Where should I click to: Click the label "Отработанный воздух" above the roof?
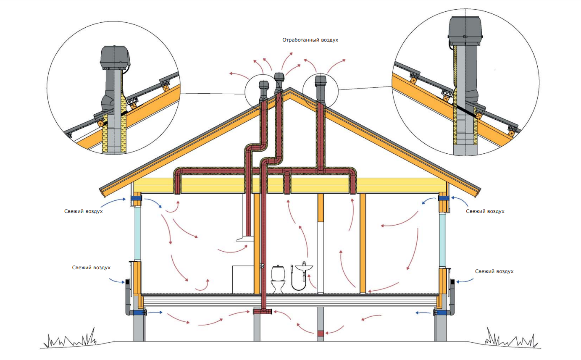[x=310, y=40]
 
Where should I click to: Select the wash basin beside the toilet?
[x=304, y=266]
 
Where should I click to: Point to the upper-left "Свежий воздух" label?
[x=84, y=211]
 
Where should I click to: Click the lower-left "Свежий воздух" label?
[x=91, y=267]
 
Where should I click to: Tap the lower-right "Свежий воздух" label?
[x=494, y=271]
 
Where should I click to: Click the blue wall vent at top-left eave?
[x=136, y=198]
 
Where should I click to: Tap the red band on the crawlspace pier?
[x=321, y=333]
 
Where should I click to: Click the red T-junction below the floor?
[x=263, y=311]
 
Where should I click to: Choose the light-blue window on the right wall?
[x=443, y=239]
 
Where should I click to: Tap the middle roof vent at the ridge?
[x=279, y=77]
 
